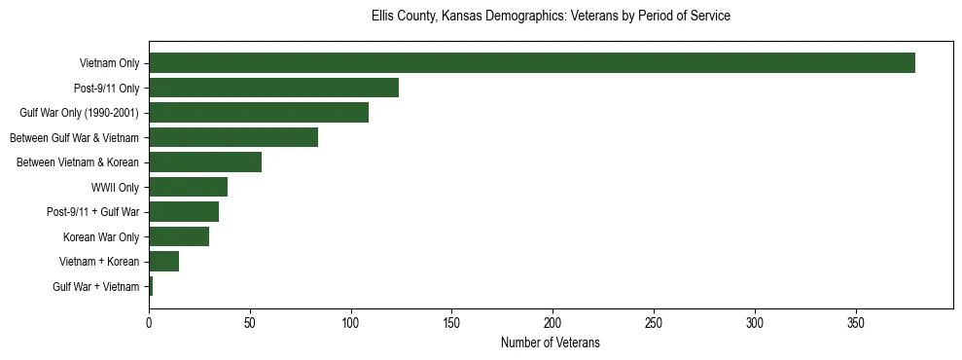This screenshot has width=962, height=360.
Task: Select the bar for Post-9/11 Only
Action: [273, 88]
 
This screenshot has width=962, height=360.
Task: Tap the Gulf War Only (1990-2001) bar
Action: [259, 113]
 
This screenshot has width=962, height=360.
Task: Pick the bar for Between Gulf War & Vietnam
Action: [233, 137]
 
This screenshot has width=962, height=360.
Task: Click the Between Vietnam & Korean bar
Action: [205, 162]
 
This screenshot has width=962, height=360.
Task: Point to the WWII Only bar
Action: [188, 187]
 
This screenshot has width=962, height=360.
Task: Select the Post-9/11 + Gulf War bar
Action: [184, 212]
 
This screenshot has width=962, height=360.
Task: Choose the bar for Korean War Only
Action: [179, 236]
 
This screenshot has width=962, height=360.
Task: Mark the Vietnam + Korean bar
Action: [163, 262]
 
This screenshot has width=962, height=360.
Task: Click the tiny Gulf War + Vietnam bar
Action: [151, 286]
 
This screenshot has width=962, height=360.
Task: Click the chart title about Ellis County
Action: [551, 17]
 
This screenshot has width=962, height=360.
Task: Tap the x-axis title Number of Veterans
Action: [551, 343]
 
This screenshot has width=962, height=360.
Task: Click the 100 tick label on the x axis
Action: [351, 322]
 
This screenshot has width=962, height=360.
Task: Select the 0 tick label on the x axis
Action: [149, 322]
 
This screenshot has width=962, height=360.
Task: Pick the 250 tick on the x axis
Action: [654, 322]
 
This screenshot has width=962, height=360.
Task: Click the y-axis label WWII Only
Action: [115, 188]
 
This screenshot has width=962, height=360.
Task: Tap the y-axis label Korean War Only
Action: [101, 237]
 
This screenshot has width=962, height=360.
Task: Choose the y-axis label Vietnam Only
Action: [109, 64]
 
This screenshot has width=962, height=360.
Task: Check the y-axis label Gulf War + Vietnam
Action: [96, 287]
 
